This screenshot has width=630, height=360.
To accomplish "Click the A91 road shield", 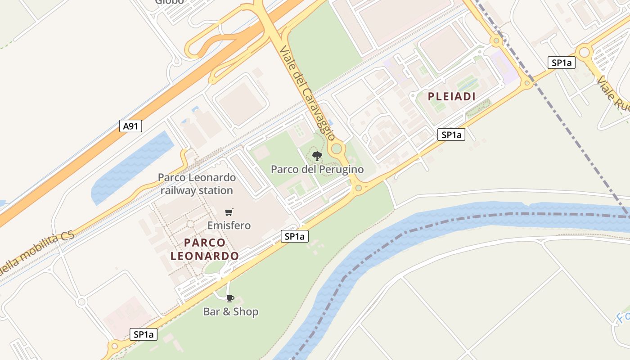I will [x=130, y=126].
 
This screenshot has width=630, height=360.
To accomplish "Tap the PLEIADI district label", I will [x=451, y=96].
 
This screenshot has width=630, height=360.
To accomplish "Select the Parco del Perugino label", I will [x=317, y=170].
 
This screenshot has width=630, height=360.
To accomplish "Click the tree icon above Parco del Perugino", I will [x=317, y=156].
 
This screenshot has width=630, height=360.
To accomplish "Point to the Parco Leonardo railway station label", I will [x=197, y=184].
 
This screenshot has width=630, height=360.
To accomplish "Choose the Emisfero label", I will [x=229, y=225].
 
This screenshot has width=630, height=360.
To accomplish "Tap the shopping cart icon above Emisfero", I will [x=229, y=212].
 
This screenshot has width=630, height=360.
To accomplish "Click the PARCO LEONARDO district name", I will [x=205, y=249].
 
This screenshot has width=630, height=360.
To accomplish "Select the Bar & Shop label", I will [x=230, y=311].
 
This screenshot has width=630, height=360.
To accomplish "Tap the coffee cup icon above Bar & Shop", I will [x=230, y=298].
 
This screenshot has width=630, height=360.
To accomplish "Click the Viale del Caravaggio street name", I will [x=307, y=93].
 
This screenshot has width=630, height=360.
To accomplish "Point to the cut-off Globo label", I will [x=170, y=2].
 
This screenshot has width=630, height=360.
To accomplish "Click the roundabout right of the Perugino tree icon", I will [x=337, y=148].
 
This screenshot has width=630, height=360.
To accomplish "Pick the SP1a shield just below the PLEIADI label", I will [x=451, y=135].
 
